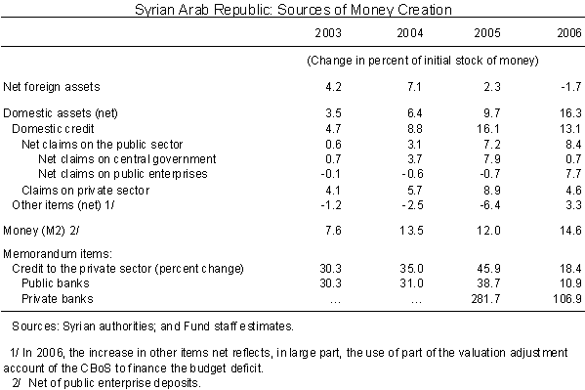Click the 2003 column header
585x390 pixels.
tap(328, 33)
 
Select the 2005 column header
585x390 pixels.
tap(487, 33)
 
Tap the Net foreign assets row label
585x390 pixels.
tap(52, 87)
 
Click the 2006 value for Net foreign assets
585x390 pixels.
tap(570, 87)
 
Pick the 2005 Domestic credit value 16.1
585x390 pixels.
tap(487, 128)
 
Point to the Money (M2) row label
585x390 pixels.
tap(41, 230)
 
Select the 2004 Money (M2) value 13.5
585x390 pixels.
tap(411, 230)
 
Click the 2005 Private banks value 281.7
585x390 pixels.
tap(485, 299)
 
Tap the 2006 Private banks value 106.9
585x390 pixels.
tap(567, 299)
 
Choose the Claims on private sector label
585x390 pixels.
tap(85, 191)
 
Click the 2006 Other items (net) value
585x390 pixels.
tap(574, 205)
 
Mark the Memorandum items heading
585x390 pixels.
tap(58, 254)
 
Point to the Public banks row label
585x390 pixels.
tap(56, 283)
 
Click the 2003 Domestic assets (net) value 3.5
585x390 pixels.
tap(333, 112)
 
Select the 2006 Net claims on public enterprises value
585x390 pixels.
tap(574, 174)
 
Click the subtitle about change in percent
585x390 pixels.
tap(423, 61)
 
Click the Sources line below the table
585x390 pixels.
tap(153, 326)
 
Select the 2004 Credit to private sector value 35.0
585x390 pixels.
tap(411, 269)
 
